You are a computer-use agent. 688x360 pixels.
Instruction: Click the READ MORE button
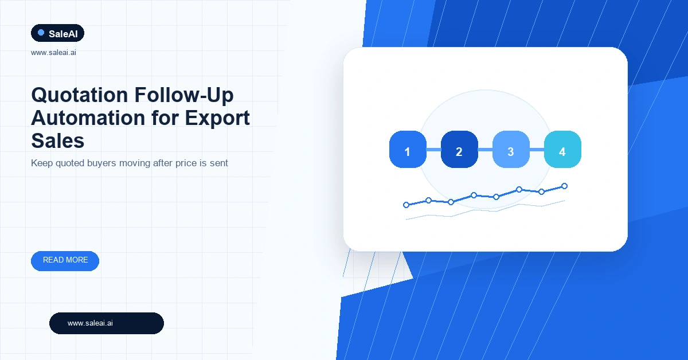65,261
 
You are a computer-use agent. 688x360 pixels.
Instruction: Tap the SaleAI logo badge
57,33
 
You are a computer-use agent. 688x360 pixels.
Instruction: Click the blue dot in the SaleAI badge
41,33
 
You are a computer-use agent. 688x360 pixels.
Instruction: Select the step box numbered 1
408,149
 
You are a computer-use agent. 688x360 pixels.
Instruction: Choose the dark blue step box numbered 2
459,149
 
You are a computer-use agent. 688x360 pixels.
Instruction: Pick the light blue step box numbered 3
511,149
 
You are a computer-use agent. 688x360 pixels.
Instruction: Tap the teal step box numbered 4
562,149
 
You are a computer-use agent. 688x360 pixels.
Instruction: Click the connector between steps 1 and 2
433,150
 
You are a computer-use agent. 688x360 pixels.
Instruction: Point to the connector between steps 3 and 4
537,150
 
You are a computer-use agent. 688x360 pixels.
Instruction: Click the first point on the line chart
406,205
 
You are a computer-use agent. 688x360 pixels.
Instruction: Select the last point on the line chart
565,186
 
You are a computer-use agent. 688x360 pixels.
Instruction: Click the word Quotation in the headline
79,95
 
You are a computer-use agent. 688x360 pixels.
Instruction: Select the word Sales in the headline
58,141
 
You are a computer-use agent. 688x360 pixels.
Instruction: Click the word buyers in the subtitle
101,163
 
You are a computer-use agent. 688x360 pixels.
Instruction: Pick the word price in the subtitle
186,163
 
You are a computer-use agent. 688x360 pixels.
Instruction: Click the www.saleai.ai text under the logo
53,53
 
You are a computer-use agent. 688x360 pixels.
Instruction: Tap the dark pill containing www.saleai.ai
107,323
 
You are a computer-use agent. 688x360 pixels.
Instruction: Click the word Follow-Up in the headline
184,95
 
